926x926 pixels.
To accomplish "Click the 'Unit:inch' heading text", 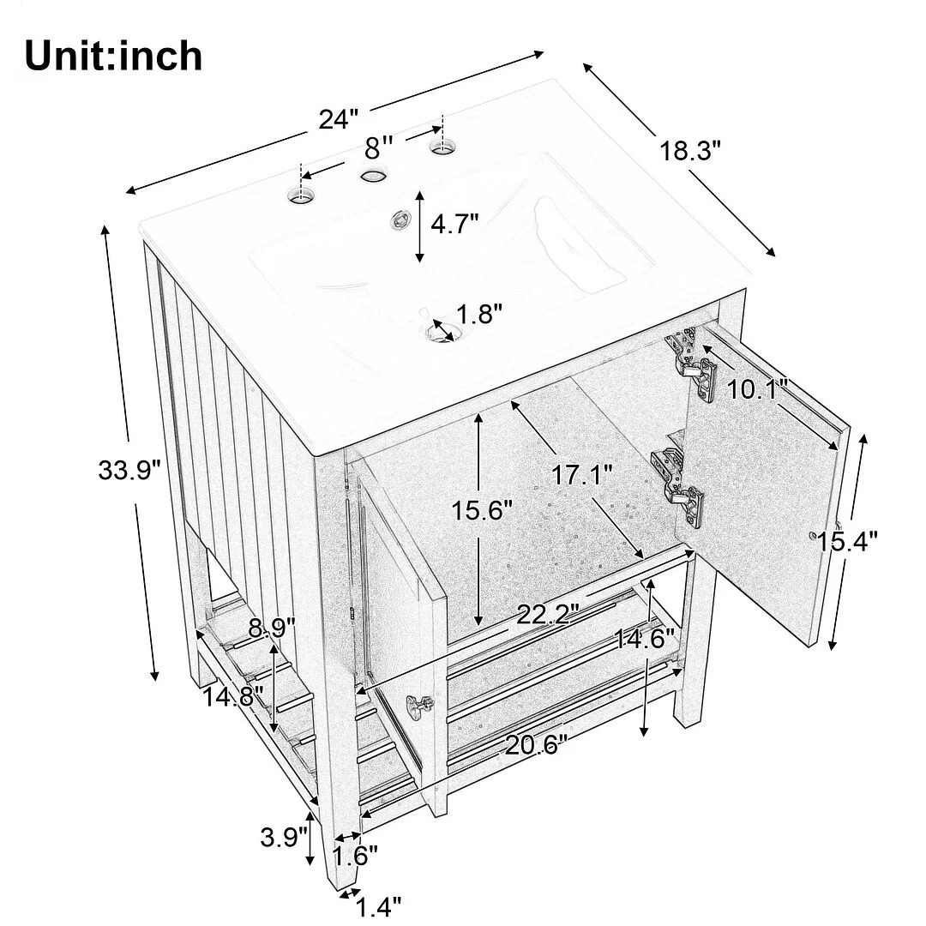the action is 113,56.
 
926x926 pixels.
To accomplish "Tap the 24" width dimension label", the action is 339,119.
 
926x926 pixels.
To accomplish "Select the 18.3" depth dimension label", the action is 690,151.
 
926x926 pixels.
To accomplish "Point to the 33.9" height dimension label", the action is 129,471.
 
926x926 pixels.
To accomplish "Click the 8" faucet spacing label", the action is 379,147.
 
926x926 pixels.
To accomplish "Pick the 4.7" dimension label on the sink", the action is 454,224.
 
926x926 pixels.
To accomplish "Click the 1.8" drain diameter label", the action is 479,314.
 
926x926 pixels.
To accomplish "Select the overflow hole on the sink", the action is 400,221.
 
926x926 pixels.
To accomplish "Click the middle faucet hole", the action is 373,176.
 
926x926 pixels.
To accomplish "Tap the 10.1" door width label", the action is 756,389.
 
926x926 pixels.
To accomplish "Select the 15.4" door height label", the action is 847,540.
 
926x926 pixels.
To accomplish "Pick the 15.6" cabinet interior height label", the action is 482,510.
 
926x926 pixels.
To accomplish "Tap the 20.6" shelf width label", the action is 536,745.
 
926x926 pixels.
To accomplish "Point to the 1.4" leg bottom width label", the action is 378,906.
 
